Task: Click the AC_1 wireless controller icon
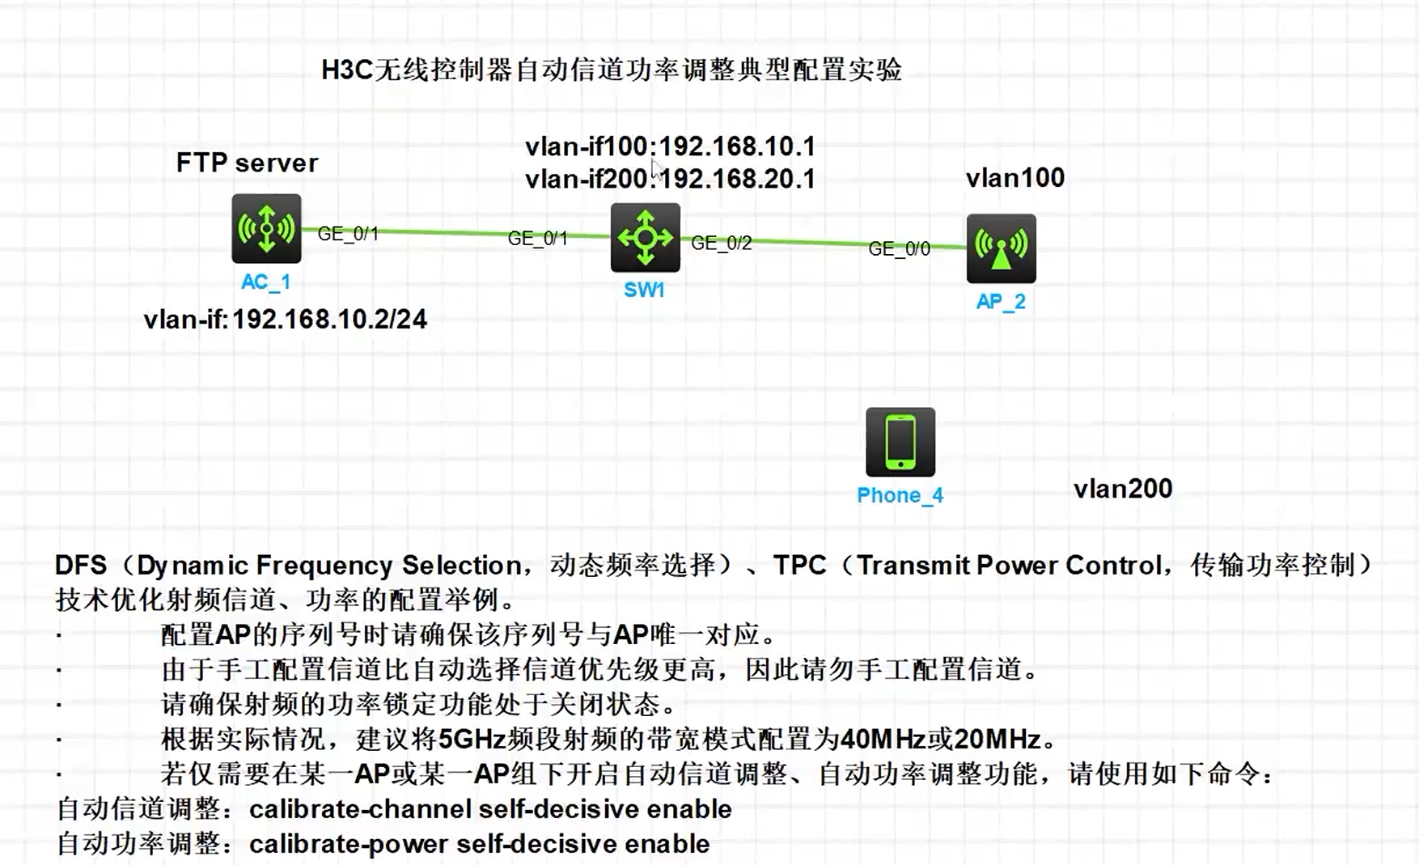(266, 228)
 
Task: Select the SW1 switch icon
(645, 238)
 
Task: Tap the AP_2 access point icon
(1001, 248)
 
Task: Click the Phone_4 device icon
(900, 442)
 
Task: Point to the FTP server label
(247, 163)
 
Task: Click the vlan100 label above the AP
(1014, 178)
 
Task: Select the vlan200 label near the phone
(1122, 489)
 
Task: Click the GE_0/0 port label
(899, 248)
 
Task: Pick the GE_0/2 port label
(721, 243)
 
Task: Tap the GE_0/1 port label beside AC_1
(348, 234)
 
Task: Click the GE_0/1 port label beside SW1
(537, 238)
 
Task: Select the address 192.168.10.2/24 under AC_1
(329, 320)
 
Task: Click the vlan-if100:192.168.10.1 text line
(670, 146)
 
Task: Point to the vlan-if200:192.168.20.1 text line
(670, 179)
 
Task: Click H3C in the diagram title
(346, 70)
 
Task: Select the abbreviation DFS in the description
(80, 565)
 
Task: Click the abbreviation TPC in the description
(799, 565)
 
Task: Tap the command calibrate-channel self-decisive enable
(490, 809)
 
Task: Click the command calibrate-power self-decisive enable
(479, 844)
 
